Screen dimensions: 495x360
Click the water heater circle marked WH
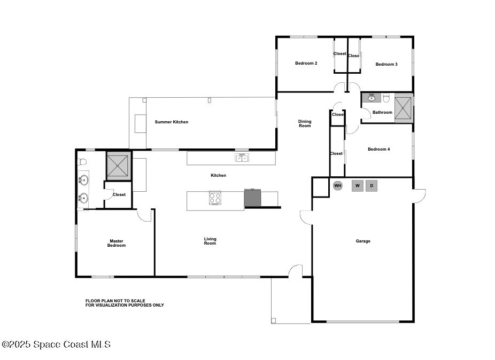coord(337,185)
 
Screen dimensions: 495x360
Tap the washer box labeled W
coord(358,185)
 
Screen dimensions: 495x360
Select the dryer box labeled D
coord(372,185)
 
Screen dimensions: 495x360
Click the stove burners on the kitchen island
coord(215,198)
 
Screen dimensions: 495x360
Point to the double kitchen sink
coord(242,158)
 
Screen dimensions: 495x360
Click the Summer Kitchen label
coord(172,122)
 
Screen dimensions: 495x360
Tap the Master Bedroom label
coord(117,243)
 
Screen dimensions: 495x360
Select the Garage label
coord(363,241)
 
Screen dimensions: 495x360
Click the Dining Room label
coord(305,123)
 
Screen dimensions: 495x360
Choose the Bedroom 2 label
coord(306,63)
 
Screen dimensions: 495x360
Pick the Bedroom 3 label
coord(386,64)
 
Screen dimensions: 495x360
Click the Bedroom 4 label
coord(379,149)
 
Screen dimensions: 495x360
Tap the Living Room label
coord(210,241)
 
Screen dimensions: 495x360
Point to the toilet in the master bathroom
coord(82,162)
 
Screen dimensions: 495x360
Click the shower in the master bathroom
coord(118,166)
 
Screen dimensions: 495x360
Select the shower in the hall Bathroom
coord(404,108)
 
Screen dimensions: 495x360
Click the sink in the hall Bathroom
coord(372,98)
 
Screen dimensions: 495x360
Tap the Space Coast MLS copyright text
coord(56,344)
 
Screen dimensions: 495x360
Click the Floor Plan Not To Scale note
coord(125,303)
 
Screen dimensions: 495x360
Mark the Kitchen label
coord(219,175)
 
